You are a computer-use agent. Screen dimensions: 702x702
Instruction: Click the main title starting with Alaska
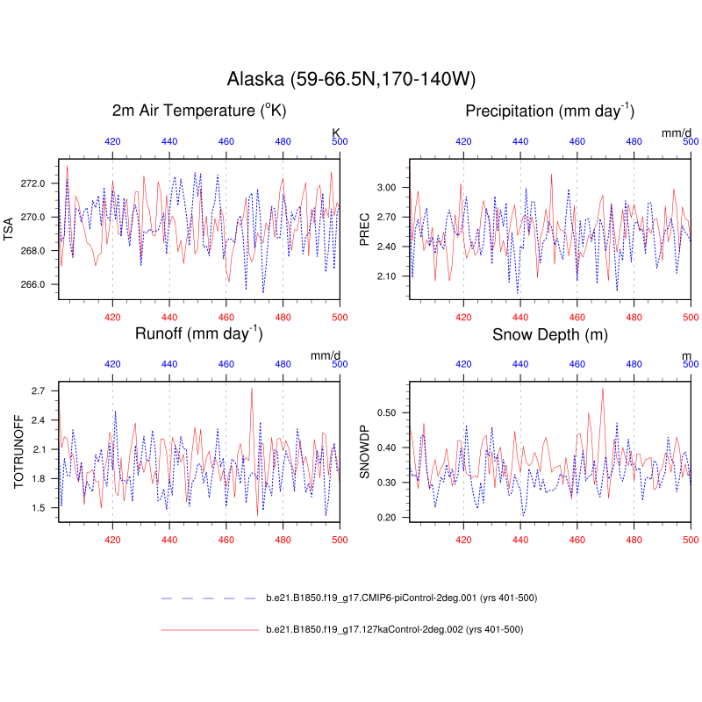click(x=351, y=79)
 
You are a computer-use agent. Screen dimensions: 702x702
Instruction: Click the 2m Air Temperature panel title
click(x=199, y=111)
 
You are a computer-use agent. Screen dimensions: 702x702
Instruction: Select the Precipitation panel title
click(x=550, y=111)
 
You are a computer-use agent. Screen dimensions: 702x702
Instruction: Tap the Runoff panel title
click(x=199, y=333)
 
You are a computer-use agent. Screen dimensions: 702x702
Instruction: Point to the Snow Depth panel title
click(x=550, y=334)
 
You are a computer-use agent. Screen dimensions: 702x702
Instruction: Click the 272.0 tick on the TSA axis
click(x=33, y=183)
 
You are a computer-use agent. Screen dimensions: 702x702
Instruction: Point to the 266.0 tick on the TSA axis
click(x=33, y=284)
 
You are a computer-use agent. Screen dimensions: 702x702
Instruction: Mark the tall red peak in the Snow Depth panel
click(x=603, y=389)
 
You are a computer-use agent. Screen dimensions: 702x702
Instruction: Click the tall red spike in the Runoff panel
click(x=252, y=389)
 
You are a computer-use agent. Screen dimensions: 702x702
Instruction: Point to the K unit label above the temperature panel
click(x=335, y=133)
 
